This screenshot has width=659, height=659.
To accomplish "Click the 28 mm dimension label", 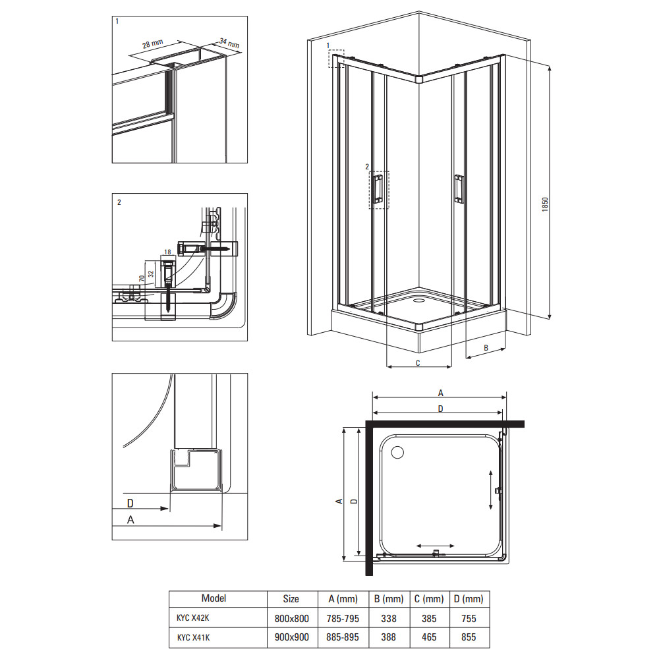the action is [153, 43].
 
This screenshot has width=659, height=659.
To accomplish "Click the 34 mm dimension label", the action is [229, 42].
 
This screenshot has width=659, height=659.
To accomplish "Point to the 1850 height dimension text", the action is [545, 204].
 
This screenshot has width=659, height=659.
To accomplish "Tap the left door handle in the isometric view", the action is [378, 190].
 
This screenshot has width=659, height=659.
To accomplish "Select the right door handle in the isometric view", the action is [459, 188].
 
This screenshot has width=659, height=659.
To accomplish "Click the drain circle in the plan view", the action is [397, 452].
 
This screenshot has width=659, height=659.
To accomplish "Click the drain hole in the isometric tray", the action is [419, 301].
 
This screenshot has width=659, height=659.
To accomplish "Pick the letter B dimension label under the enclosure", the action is [486, 348].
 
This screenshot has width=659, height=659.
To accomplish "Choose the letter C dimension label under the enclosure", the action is [418, 363].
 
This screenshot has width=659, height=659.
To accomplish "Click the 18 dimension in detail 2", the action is [167, 252].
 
